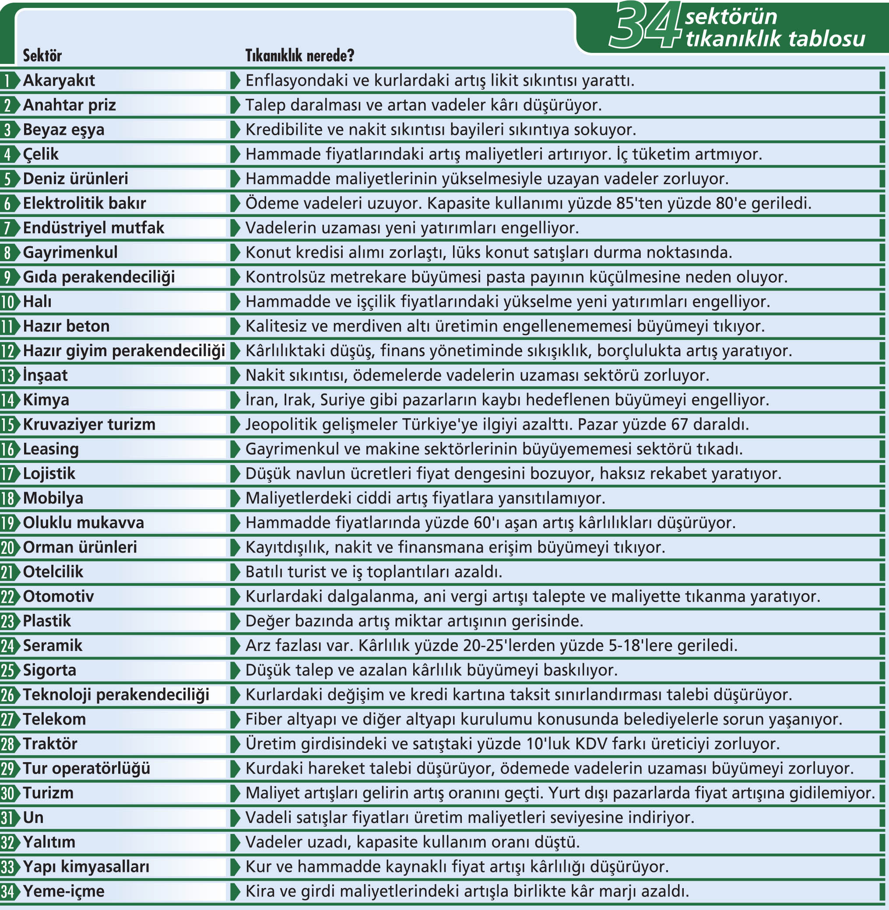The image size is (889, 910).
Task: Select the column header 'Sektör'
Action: [x=42, y=56]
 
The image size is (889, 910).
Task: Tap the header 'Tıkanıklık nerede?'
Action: [x=300, y=56]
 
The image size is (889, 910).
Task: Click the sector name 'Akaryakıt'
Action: [x=59, y=80]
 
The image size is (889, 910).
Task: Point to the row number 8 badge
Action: [x=7, y=252]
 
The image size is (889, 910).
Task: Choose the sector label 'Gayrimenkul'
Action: [x=70, y=252]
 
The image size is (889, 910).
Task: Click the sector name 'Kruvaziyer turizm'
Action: [x=89, y=424]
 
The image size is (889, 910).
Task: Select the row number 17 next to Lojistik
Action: [x=8, y=474]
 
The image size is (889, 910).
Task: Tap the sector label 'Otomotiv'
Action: [x=58, y=596]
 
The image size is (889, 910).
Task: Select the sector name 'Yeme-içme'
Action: [x=63, y=891]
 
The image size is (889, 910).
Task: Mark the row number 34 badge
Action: [x=8, y=891]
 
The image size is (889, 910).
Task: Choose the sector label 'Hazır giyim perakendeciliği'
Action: [x=124, y=350]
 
